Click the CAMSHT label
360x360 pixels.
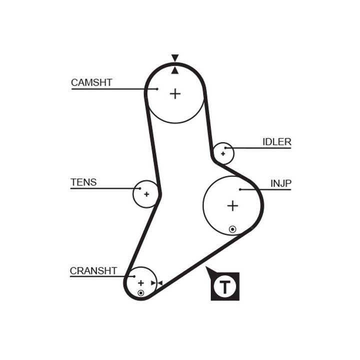coord(91,82)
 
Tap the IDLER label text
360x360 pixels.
coord(276,142)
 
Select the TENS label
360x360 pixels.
coord(83,182)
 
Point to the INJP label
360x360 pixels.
coord(280,183)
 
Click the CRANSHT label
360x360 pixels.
coord(93,271)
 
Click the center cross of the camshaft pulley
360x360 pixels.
coord(174,93)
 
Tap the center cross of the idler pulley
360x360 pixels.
coord(223,153)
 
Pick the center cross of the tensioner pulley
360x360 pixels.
coord(146,193)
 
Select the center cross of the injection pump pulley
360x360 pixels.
coord(232,205)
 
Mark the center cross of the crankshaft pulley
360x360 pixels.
coord(140,283)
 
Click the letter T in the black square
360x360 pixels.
coord(225,287)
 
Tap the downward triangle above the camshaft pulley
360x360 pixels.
coord(174,57)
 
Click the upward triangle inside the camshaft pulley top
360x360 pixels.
coord(174,70)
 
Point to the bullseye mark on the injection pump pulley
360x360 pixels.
coord(232,229)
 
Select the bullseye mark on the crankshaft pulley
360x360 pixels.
coord(140,292)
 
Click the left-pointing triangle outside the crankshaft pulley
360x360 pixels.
coord(159,283)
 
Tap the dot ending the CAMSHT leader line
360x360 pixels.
coord(156,89)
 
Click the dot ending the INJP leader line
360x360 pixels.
coord(240,189)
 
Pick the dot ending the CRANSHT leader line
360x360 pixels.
coord(133,276)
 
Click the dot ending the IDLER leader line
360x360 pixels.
coord(226,148)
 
